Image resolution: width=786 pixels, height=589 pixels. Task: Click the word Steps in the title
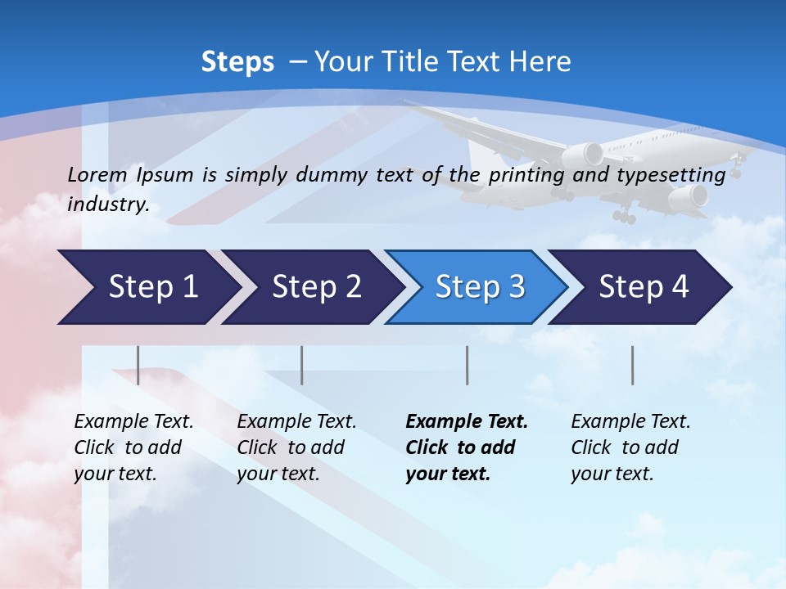(237, 61)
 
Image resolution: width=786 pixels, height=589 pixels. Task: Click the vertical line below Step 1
(138, 365)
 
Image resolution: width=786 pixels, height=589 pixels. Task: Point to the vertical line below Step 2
(302, 365)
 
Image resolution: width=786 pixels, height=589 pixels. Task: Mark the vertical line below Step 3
(468, 365)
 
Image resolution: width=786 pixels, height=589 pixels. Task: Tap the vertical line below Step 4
(633, 365)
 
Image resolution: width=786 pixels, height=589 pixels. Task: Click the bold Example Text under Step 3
(467, 421)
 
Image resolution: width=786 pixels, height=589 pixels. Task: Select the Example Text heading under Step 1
(133, 421)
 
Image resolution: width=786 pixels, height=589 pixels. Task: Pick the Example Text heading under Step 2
(296, 421)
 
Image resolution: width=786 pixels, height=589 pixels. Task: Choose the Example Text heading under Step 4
(630, 421)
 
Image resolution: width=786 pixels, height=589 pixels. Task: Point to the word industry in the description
(108, 205)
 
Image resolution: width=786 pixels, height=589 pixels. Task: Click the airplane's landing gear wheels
(624, 216)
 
